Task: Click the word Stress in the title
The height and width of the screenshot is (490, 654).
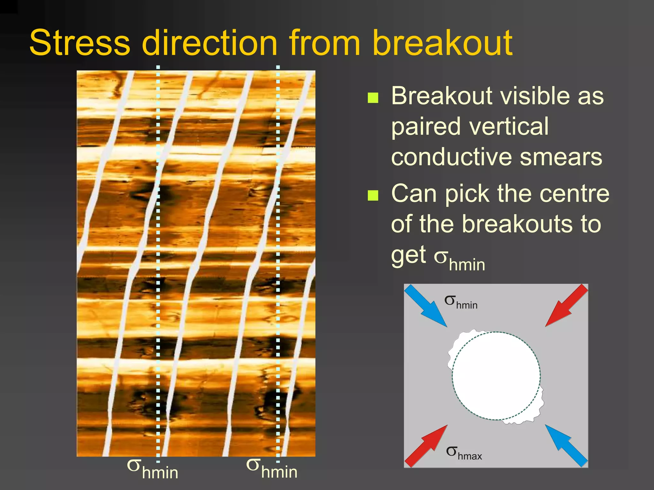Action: coord(80,43)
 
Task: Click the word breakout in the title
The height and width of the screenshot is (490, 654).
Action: coord(442,43)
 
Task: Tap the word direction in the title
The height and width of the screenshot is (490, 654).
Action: coord(209,43)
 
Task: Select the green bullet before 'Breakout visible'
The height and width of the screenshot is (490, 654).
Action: coord(373,98)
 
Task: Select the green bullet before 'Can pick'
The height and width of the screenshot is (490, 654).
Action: coord(373,195)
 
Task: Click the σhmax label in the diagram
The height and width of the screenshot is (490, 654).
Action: coord(464,453)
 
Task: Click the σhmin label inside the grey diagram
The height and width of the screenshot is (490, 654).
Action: coord(461,302)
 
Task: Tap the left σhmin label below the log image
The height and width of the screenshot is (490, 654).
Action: coord(152,469)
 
